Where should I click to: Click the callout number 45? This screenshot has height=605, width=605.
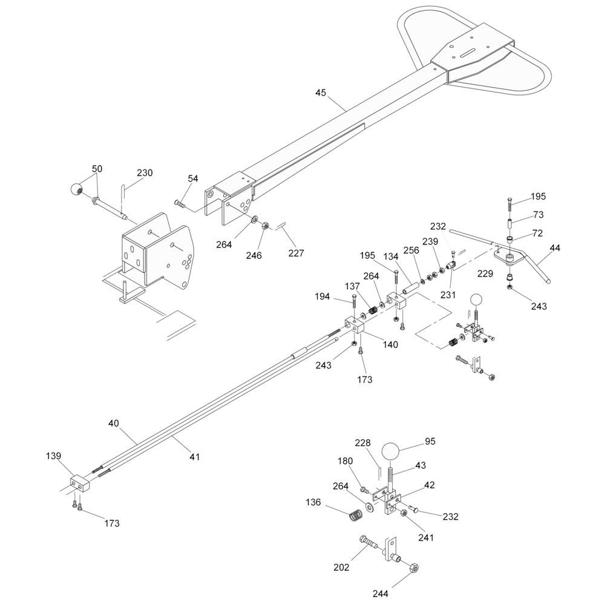[x=321, y=93]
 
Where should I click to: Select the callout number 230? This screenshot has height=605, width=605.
[x=145, y=173]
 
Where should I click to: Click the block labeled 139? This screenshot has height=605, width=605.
[x=79, y=483]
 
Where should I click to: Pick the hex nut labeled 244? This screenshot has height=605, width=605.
[x=413, y=568]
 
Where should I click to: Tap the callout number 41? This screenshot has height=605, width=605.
[x=195, y=457]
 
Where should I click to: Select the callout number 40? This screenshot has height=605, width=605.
[x=114, y=423]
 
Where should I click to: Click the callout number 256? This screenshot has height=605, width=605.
[x=411, y=250]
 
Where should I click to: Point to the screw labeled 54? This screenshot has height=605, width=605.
[x=180, y=204]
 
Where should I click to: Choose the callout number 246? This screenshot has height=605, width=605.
[x=254, y=255]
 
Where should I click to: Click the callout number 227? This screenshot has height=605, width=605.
[x=296, y=253]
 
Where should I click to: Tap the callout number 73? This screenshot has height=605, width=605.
[x=538, y=215]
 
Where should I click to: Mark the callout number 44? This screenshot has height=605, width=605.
[x=555, y=248]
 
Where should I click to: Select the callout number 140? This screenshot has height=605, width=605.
[x=390, y=344]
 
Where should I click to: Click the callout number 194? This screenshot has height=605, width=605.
[x=322, y=296]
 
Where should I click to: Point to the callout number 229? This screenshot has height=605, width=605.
[x=485, y=273]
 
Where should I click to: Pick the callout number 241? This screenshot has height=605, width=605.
[x=426, y=537]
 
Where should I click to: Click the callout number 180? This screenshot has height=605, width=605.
[x=345, y=461]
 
